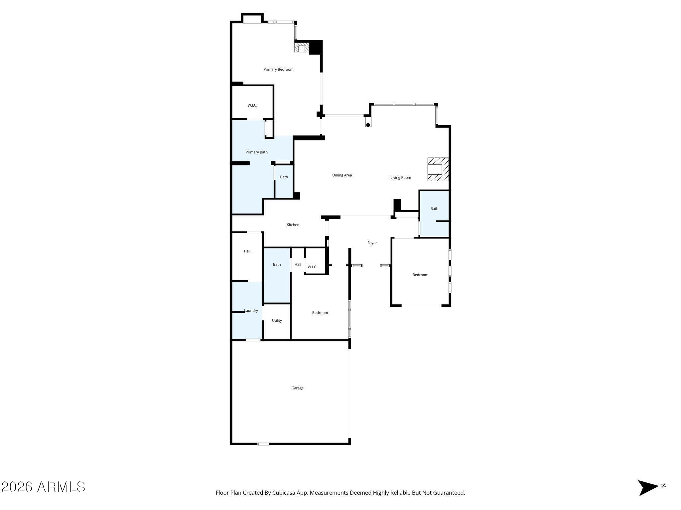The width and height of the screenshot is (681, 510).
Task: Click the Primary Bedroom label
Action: pyautogui.click(x=278, y=69)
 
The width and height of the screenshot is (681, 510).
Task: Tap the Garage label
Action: pyautogui.click(x=297, y=388)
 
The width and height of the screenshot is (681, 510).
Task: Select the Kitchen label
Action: pyautogui.click(x=293, y=225)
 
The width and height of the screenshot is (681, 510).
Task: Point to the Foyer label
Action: pyautogui.click(x=372, y=243)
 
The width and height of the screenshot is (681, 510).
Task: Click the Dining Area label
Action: pyautogui.click(x=342, y=175)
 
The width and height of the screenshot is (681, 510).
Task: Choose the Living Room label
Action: pyautogui.click(x=401, y=178)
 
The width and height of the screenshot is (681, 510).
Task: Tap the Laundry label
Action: pyautogui.click(x=251, y=311)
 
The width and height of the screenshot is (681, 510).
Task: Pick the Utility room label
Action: pyautogui.click(x=277, y=320)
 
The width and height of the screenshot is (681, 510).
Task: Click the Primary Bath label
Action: pyautogui.click(x=256, y=152)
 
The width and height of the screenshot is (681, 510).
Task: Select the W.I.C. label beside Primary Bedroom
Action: pyautogui.click(x=252, y=105)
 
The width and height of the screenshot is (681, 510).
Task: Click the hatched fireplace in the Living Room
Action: pyautogui.click(x=438, y=169)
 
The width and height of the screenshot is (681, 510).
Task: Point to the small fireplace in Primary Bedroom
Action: pyautogui.click(x=302, y=47)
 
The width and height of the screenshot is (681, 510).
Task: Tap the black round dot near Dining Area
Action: pyautogui.click(x=368, y=125)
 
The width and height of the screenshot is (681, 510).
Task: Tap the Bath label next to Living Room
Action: pyautogui.click(x=434, y=209)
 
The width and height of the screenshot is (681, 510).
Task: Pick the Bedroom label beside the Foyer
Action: pyautogui.click(x=420, y=275)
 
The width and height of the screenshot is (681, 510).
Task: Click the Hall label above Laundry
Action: pyautogui.click(x=247, y=251)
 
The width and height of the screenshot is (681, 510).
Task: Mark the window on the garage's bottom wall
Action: pyautogui.click(x=263, y=444)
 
